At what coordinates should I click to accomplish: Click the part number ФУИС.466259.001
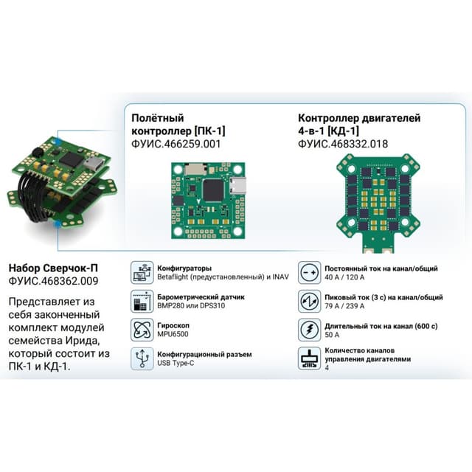click(176, 144)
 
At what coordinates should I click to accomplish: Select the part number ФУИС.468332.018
click(343, 144)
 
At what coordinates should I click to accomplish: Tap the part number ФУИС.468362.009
click(53, 281)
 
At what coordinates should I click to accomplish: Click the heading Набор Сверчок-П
click(53, 268)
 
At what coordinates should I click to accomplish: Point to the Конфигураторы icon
click(142, 273)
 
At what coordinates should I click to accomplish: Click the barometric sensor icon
click(142, 302)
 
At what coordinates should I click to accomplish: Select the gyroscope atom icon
click(142, 330)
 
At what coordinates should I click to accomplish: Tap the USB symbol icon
click(142, 358)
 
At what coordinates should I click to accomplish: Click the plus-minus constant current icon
click(310, 273)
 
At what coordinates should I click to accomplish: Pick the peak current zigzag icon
click(310, 302)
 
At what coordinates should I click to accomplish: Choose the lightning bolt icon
click(310, 330)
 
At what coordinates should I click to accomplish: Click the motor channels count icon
click(310, 358)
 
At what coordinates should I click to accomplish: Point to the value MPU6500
click(173, 334)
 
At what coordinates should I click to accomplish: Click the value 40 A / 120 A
click(344, 277)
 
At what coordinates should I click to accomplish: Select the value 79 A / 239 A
click(344, 306)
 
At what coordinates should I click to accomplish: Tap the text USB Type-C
click(176, 363)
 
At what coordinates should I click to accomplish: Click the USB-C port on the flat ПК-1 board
click(238, 185)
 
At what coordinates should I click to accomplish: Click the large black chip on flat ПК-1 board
click(214, 190)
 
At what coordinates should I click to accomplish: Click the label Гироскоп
click(173, 326)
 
